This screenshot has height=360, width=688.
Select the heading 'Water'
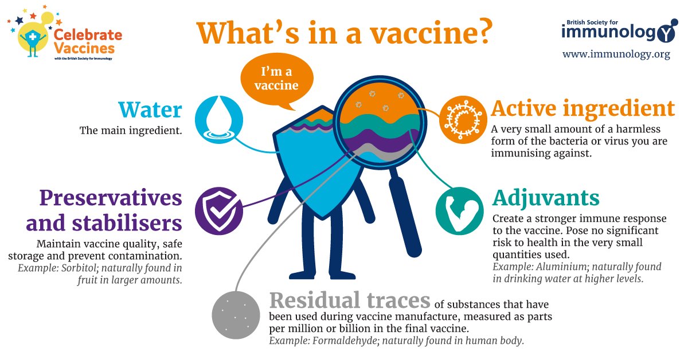[150, 109]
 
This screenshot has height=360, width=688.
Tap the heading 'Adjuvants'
[546, 198]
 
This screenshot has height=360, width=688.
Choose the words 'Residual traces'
[350, 300]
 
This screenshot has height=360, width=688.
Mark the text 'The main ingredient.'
[131, 130]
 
